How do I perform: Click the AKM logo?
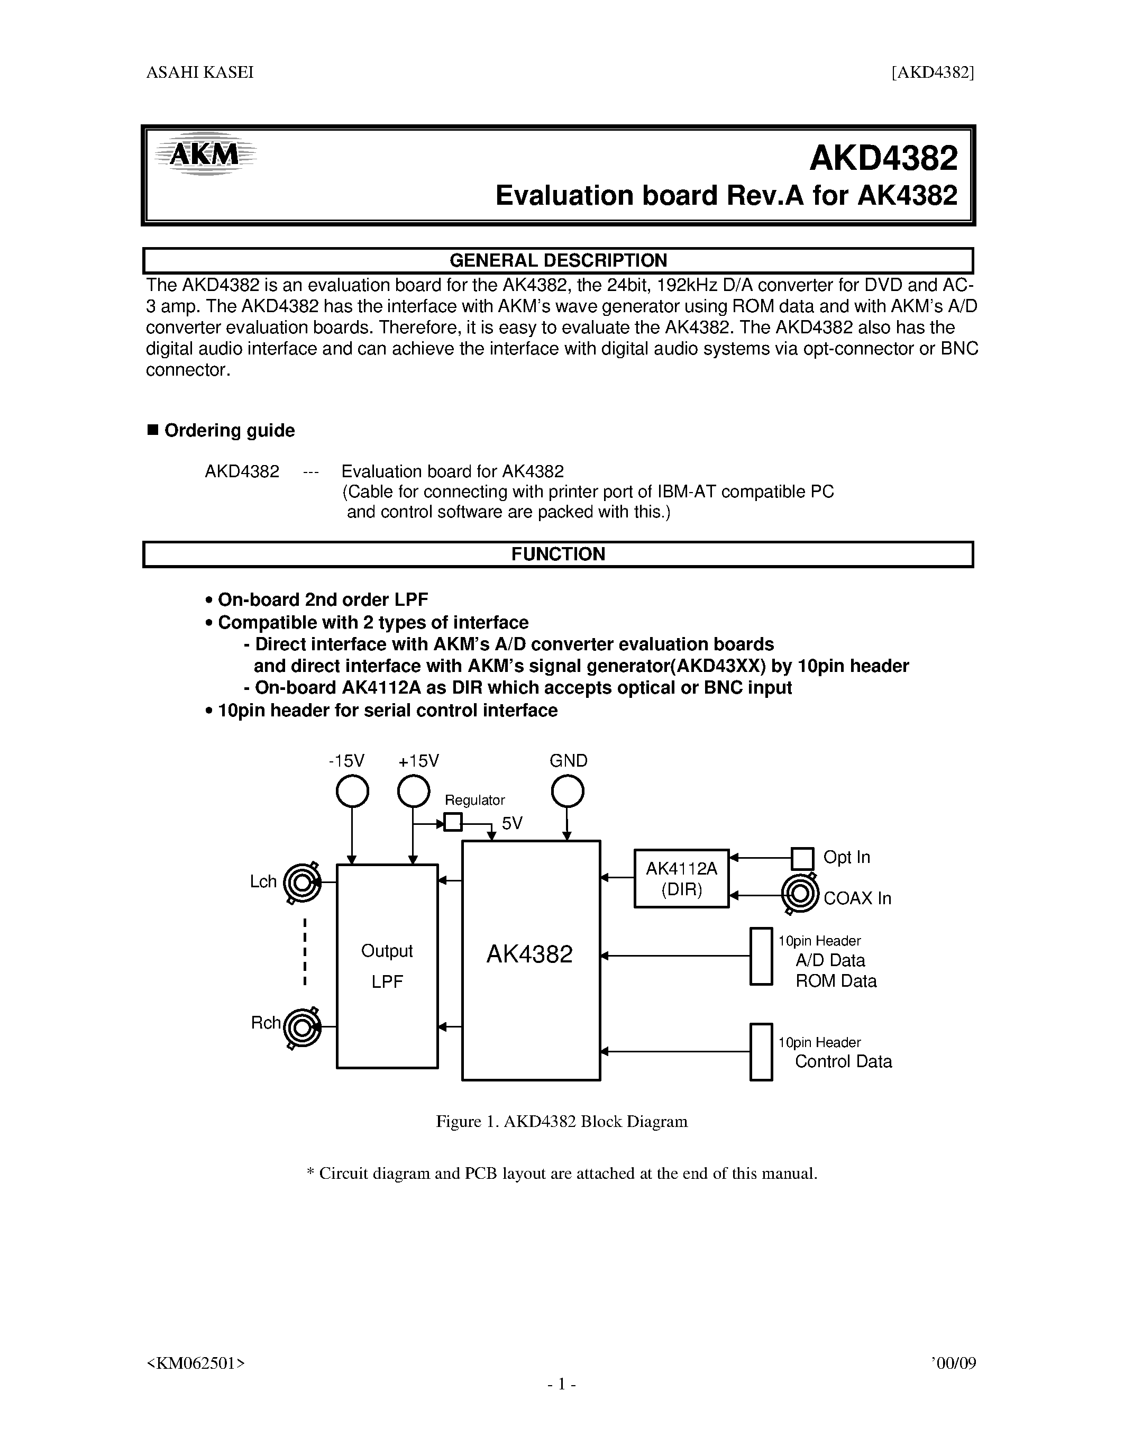204,155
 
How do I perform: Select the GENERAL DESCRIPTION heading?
558,260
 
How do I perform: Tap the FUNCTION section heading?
558,554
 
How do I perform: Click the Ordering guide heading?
229,430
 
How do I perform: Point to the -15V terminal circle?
352,792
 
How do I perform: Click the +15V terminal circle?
414,792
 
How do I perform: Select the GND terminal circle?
568,792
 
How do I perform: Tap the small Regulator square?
453,822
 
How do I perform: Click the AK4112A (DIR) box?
681,879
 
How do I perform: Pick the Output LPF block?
387,967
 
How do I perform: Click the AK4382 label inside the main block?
529,954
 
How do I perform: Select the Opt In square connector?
802,859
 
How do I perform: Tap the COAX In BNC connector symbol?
799,894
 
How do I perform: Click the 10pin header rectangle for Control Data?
761,1052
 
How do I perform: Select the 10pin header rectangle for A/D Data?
761,956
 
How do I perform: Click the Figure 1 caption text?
561,1122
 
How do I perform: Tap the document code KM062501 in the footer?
195,1363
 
